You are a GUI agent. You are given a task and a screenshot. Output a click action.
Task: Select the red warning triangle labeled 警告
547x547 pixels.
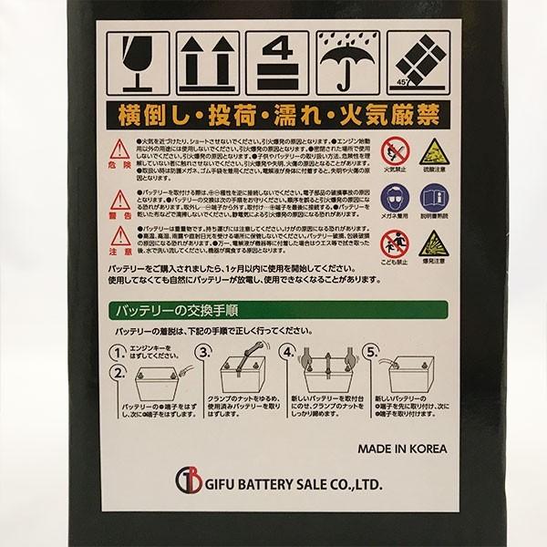pos(118,201)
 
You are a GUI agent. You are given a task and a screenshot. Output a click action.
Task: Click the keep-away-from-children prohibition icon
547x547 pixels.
pos(395,242)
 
